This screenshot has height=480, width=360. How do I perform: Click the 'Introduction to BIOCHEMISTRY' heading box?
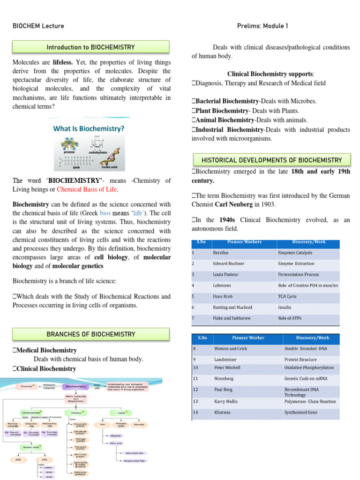pos(90,47)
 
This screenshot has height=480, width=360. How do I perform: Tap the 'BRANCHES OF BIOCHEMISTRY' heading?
pos(90,334)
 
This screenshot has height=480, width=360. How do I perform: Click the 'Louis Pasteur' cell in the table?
pos(226,274)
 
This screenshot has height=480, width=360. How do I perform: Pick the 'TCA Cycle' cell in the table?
pos(287,296)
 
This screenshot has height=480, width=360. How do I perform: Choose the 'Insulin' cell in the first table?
pos(285,307)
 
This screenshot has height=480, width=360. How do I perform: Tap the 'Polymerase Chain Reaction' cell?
pos(310,402)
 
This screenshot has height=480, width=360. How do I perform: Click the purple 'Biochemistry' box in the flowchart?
pos(76,387)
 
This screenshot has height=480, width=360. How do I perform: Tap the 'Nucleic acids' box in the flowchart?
pos(27,448)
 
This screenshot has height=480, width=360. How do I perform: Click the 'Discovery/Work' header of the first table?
pos(308,242)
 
